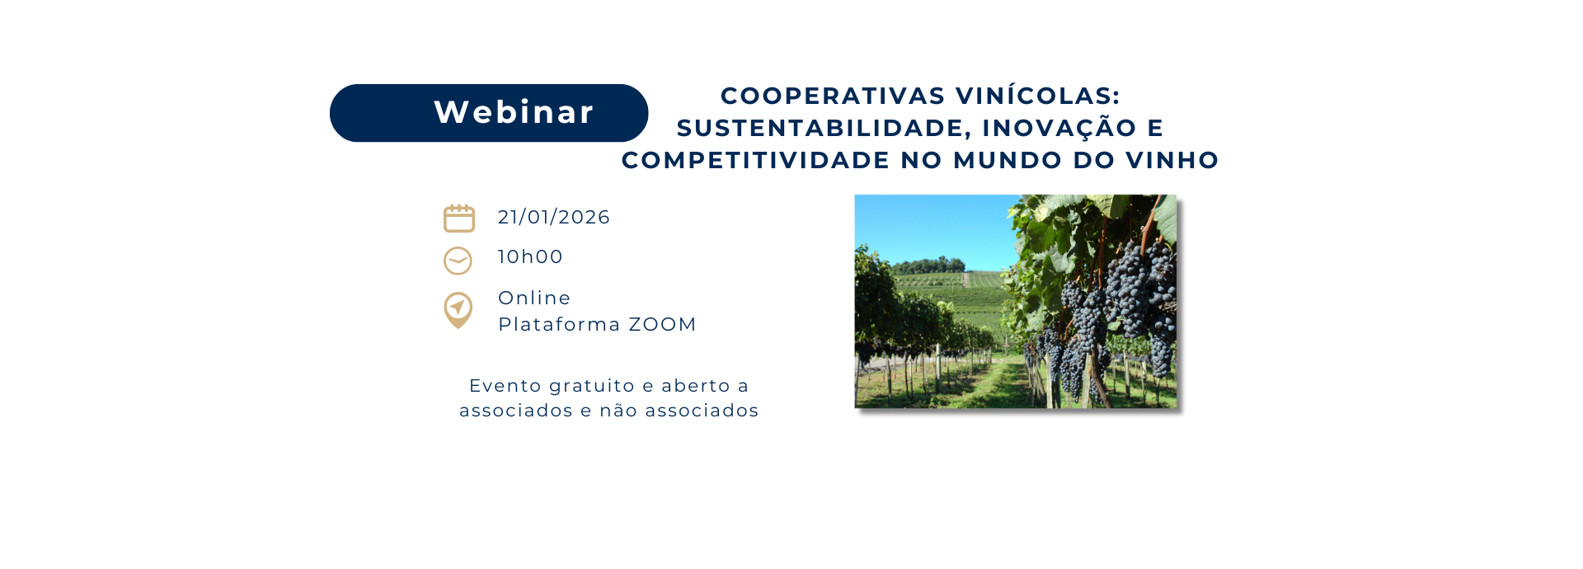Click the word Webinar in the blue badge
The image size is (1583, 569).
point(514,112)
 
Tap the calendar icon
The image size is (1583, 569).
point(459,219)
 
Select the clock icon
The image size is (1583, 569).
point(458,261)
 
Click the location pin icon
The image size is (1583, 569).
point(458,310)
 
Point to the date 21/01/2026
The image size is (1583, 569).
point(554,217)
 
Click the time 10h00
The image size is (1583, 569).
point(530,256)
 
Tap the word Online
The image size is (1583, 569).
point(534,298)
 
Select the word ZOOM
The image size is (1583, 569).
point(663,324)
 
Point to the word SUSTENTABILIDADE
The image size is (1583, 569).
point(824,128)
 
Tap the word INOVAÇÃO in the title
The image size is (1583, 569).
point(1059,128)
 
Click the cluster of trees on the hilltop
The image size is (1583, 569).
point(930,266)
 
